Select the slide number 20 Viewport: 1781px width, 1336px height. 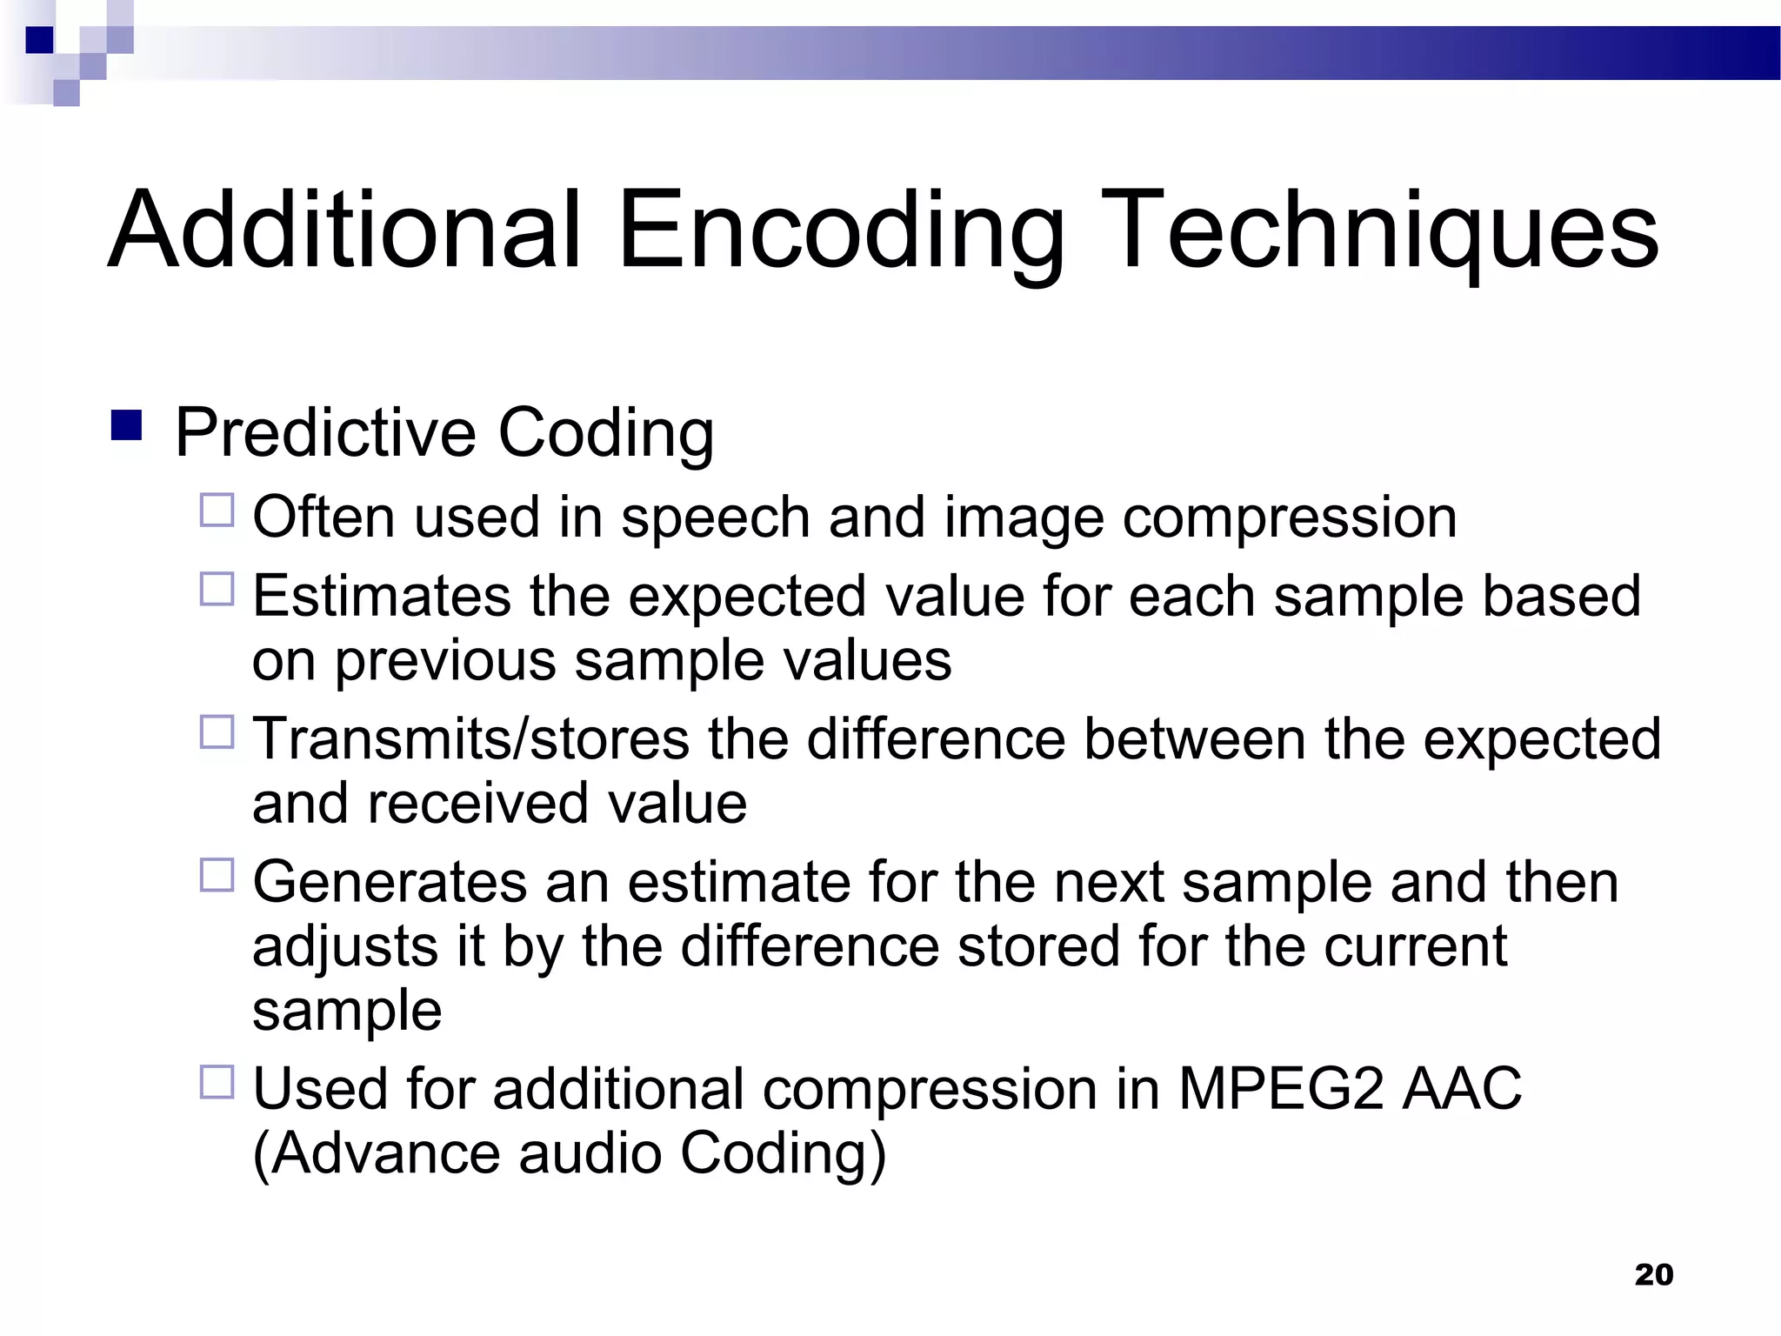[x=1653, y=1274]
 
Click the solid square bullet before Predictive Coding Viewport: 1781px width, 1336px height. [x=127, y=425]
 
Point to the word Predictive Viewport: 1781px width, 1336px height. [x=326, y=432]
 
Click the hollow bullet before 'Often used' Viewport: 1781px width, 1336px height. [x=217, y=511]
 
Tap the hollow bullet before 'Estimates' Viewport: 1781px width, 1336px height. [x=217, y=589]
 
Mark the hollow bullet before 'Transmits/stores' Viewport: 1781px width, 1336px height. [x=217, y=731]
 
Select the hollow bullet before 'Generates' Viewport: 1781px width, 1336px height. [x=217, y=875]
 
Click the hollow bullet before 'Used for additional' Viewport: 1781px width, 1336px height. [x=217, y=1082]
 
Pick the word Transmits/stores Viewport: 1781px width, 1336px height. [x=470, y=739]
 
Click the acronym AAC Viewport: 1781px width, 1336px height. [x=1462, y=1089]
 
